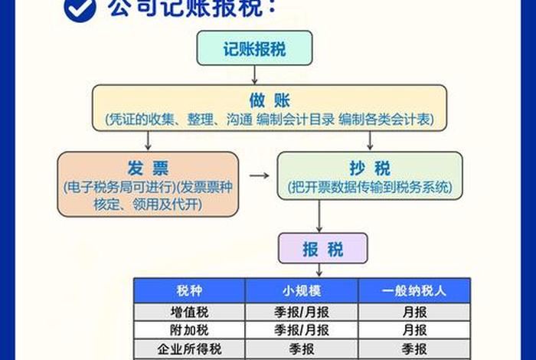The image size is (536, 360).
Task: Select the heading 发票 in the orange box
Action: [148, 168]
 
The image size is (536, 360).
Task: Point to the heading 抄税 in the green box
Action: [371, 168]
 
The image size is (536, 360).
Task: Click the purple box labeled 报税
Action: [322, 249]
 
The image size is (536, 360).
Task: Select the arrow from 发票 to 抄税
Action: [260, 175]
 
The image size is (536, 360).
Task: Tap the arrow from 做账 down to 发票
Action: [149, 139]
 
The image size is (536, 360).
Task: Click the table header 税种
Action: [190, 290]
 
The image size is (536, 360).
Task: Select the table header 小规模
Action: [302, 290]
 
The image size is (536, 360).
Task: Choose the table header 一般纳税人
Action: [413, 290]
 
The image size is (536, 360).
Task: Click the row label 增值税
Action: [190, 312]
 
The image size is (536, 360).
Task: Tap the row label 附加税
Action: [190, 330]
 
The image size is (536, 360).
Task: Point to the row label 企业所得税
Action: [190, 349]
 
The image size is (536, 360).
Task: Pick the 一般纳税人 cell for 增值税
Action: [413, 312]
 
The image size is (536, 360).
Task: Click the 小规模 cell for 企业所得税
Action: [302, 349]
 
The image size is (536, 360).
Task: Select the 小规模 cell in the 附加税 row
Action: [302, 330]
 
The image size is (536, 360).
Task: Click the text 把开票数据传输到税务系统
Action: [371, 186]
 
